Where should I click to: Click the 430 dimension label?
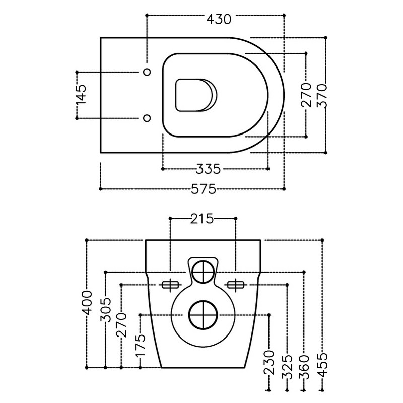click(219, 19)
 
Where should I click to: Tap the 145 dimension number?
click(81, 95)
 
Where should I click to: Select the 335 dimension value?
click(208, 169)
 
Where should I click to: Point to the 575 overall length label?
click(204, 189)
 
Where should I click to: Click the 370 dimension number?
click(322, 95)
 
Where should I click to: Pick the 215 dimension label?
click(202, 219)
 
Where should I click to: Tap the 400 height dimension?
click(87, 303)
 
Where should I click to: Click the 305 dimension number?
click(106, 310)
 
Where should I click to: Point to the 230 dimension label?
click(269, 362)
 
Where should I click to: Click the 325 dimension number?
click(287, 367)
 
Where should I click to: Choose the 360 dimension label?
click(304, 367)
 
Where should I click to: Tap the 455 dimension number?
click(323, 365)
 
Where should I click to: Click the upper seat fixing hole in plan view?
click(147, 72)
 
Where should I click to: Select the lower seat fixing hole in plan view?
click(147, 118)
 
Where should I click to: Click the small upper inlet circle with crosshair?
click(204, 272)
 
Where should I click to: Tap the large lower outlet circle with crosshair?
click(203, 314)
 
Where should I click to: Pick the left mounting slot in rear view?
click(170, 285)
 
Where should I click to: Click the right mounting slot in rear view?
click(236, 285)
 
